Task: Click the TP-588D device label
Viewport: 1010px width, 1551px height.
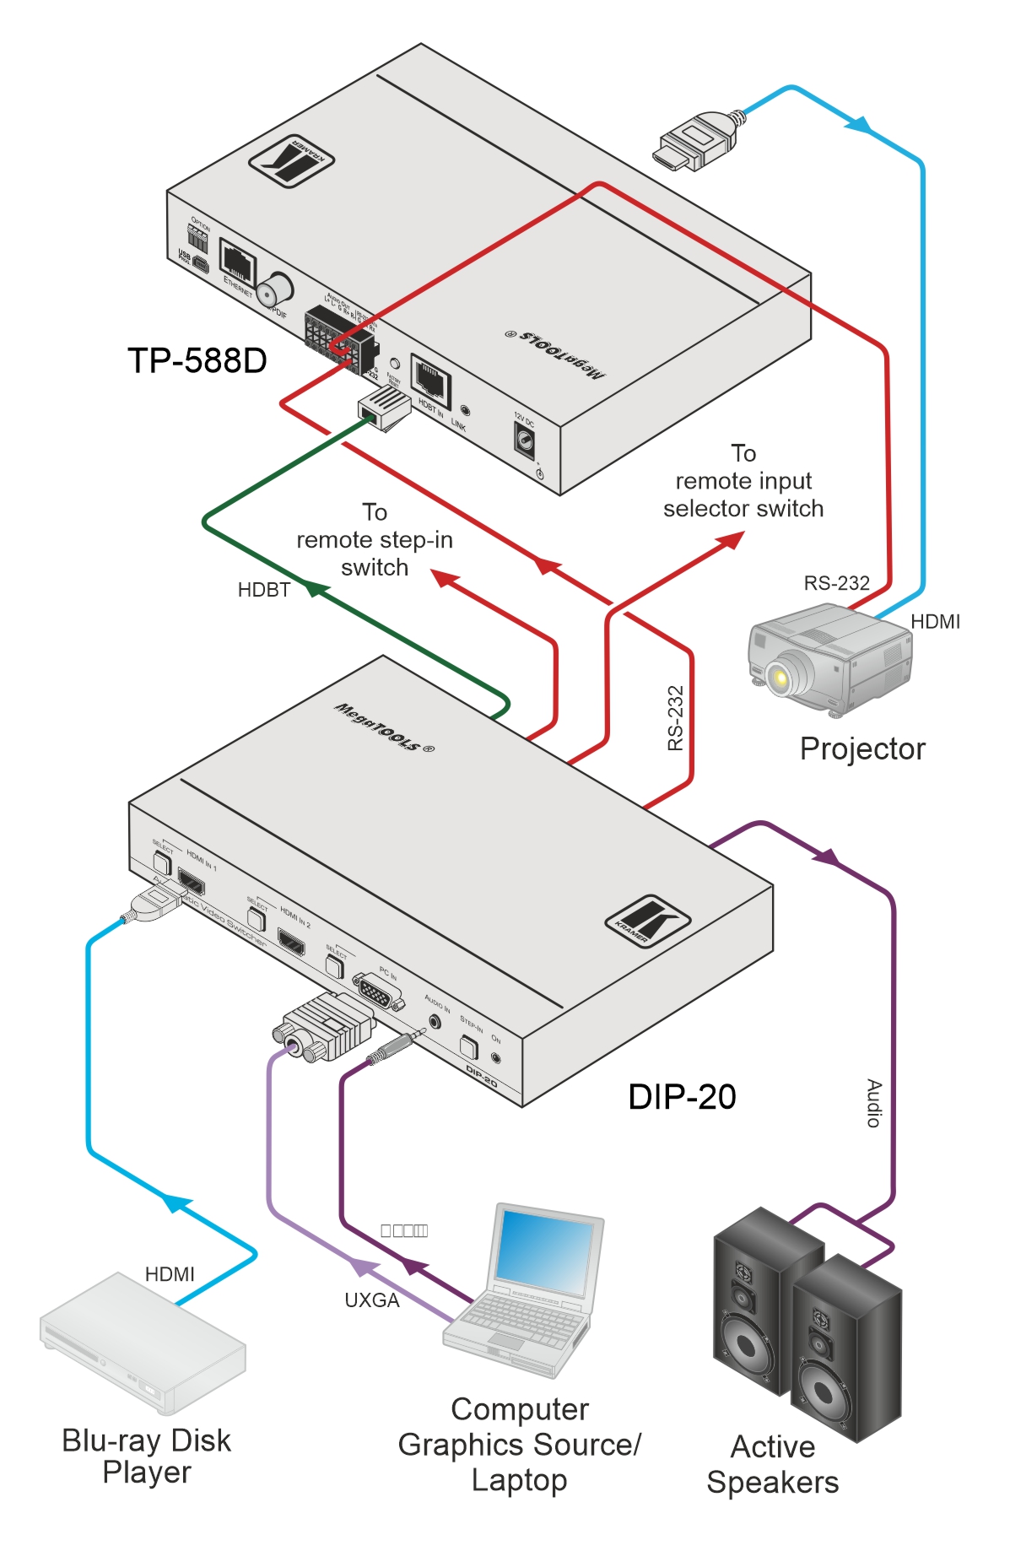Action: coord(197,361)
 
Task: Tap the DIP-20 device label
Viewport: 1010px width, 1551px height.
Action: coord(682,1097)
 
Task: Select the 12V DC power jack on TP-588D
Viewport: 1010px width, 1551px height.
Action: coord(525,440)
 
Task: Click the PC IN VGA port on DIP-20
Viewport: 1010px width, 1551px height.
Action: coord(376,991)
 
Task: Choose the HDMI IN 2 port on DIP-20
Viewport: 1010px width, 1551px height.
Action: coord(292,942)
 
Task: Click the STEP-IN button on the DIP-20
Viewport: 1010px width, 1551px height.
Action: coord(469,1047)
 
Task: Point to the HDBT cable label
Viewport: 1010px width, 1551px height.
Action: coord(263,590)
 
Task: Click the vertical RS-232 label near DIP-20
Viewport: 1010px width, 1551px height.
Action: coord(675,718)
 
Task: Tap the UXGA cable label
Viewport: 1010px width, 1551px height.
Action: coord(371,1300)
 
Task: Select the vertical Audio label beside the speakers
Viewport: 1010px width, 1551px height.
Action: coord(874,1103)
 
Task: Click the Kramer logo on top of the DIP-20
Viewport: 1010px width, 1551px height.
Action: coord(647,921)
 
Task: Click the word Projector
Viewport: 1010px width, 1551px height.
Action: coord(861,748)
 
